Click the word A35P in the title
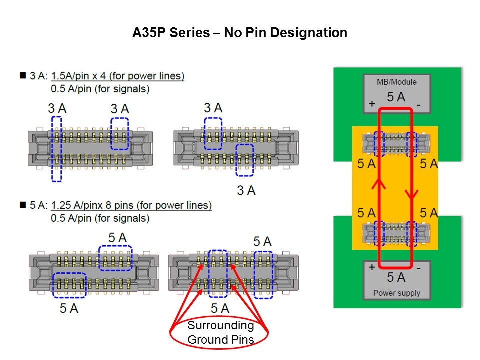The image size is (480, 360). pos(150,33)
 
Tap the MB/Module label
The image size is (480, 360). pos(397,82)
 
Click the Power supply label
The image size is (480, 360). pos(397,293)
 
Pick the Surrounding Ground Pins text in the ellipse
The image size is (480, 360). pos(220,333)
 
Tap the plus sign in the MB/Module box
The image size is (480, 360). pos(372,104)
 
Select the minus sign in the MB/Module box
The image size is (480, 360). pos(419,104)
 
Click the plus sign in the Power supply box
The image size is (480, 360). pos(372,267)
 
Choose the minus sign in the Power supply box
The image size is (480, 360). pos(419,267)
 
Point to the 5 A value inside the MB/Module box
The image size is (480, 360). pos(396,97)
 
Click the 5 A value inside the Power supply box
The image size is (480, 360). pos(396,277)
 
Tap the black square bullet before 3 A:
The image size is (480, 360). pos(22,76)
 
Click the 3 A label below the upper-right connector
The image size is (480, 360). pos(246,190)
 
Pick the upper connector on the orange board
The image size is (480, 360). pos(396,144)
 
